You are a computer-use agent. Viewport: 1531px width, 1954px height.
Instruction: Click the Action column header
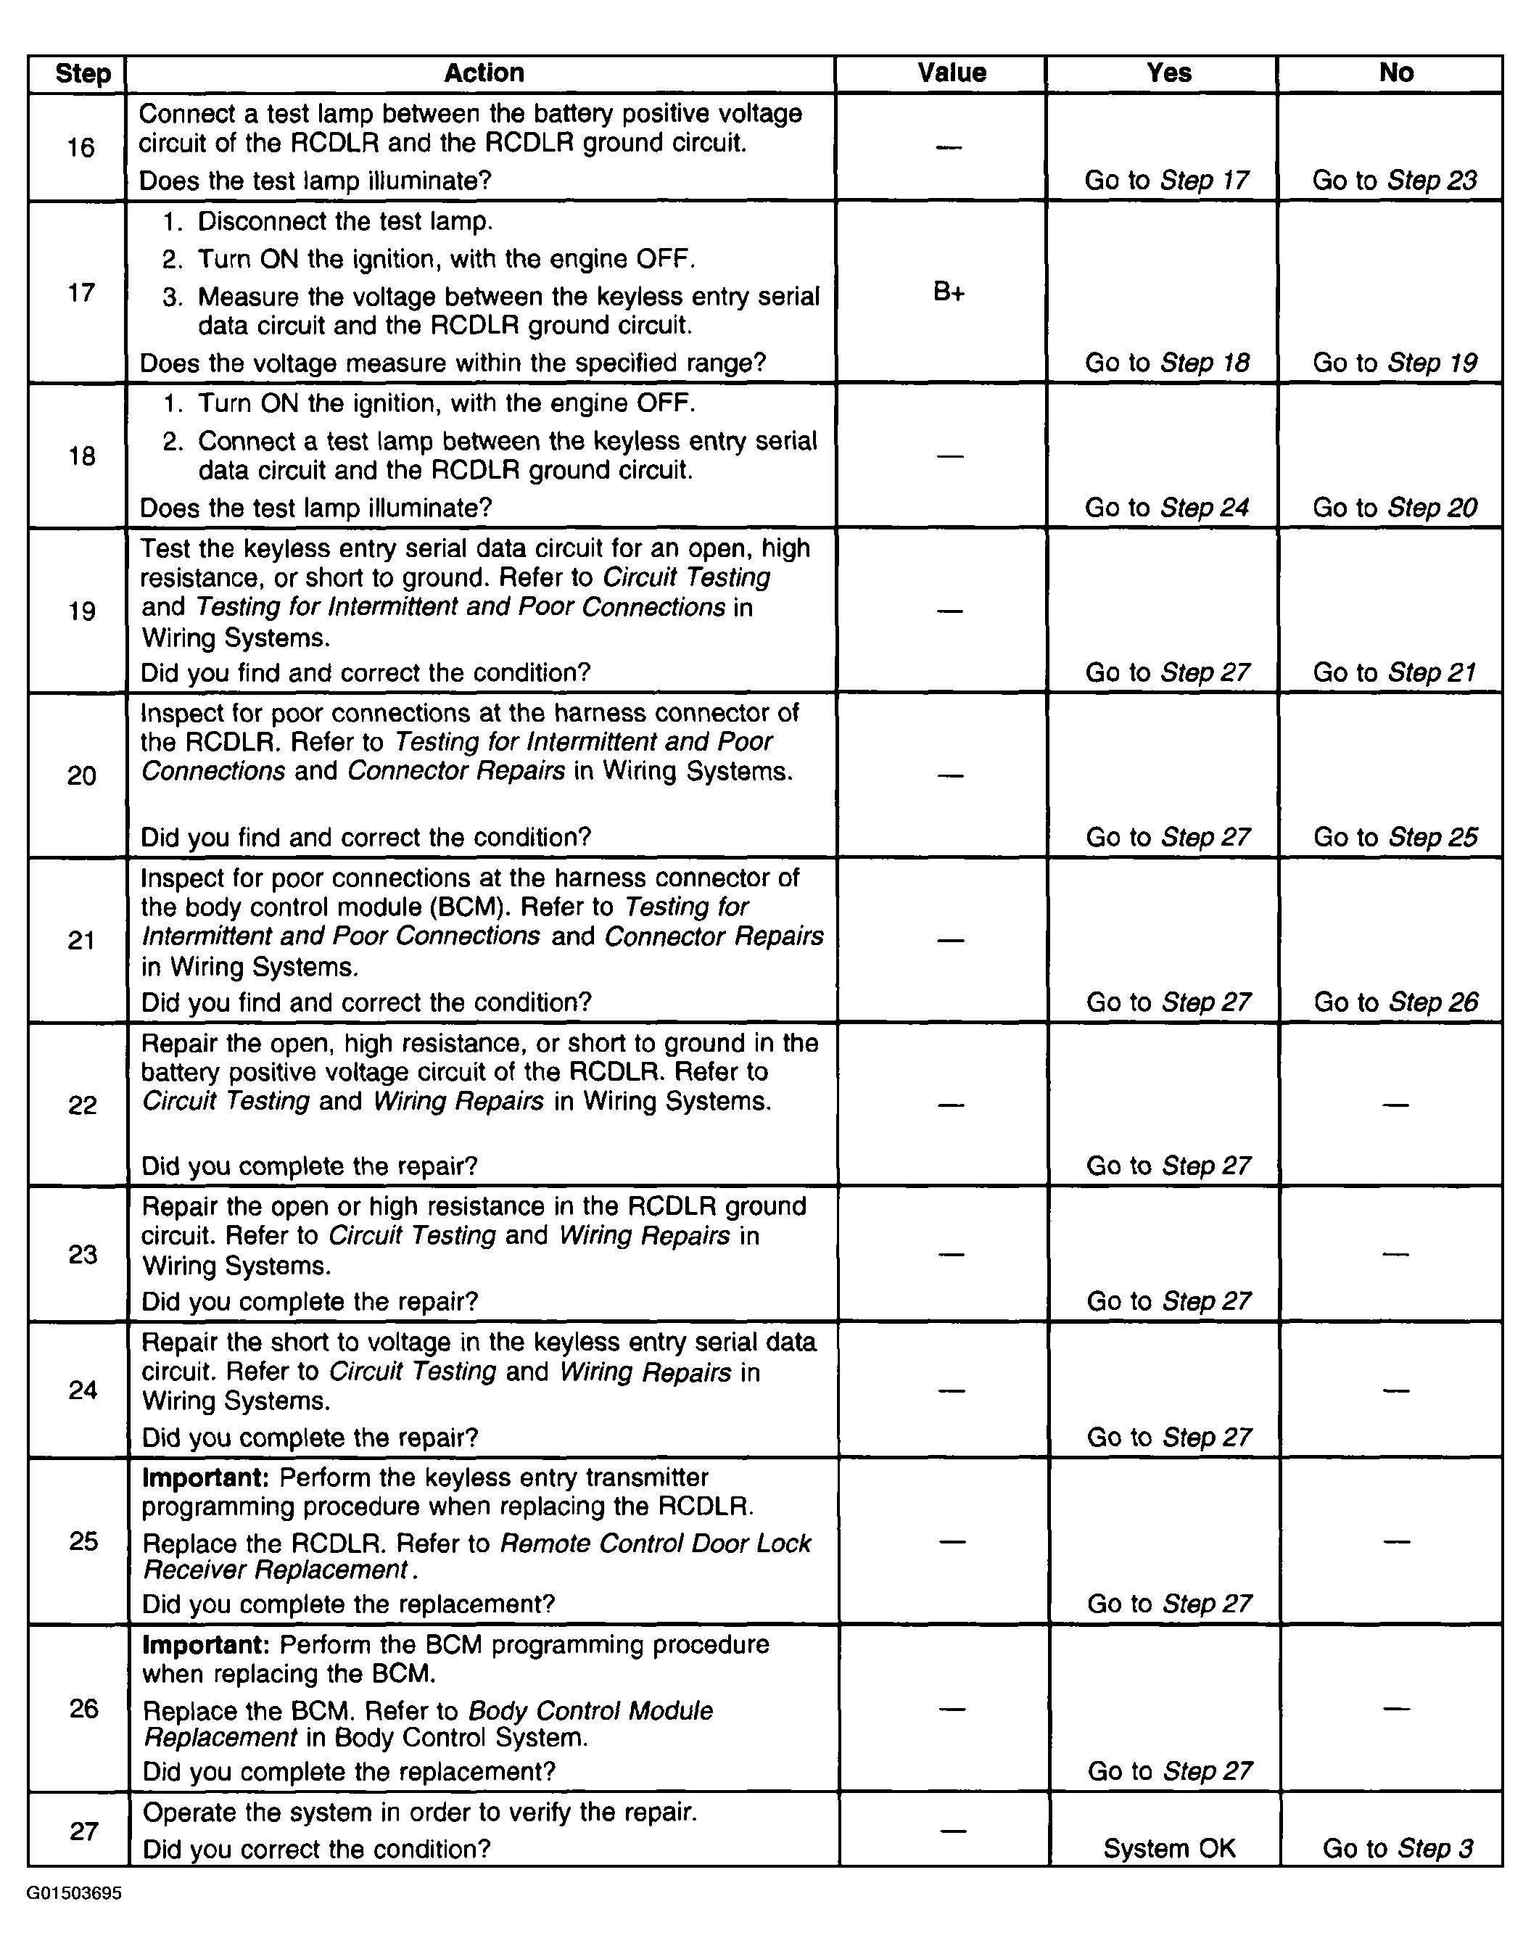click(484, 73)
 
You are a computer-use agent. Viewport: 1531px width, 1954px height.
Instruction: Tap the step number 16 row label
click(81, 147)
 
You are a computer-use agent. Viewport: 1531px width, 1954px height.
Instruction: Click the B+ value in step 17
click(949, 292)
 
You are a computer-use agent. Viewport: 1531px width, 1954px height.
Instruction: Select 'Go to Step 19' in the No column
click(1394, 362)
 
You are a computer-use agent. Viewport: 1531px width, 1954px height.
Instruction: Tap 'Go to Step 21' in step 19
click(1394, 672)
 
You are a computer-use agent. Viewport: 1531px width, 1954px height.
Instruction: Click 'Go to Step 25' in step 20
click(1395, 836)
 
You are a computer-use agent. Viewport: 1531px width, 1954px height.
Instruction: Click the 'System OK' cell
click(1169, 1847)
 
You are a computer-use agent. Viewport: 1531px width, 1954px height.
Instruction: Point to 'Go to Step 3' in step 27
click(1397, 1847)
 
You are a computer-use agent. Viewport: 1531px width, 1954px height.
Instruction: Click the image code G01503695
click(75, 1893)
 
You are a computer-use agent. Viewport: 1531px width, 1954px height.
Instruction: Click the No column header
click(1395, 73)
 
